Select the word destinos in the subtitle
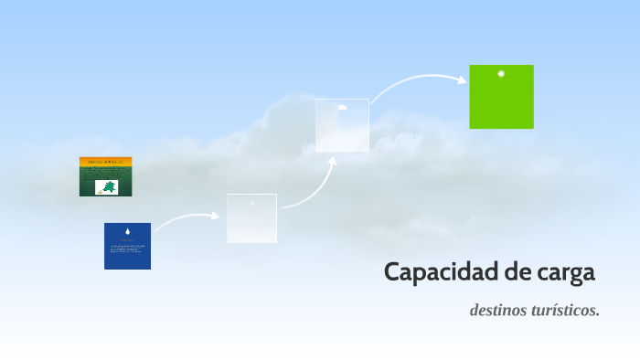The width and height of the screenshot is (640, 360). click(x=501, y=311)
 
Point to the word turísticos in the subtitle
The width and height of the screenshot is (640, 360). click(x=568, y=311)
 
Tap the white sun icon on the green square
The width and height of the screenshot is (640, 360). click(x=501, y=74)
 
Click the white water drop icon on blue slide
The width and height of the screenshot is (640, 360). click(x=128, y=231)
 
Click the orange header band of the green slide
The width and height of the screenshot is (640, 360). click(x=105, y=161)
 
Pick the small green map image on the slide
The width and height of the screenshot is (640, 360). click(x=107, y=187)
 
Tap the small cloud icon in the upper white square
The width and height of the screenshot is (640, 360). click(x=342, y=107)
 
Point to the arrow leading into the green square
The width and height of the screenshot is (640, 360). click(x=416, y=80)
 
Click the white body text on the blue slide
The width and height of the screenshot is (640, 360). click(x=127, y=249)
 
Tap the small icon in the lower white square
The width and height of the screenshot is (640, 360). click(x=251, y=202)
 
